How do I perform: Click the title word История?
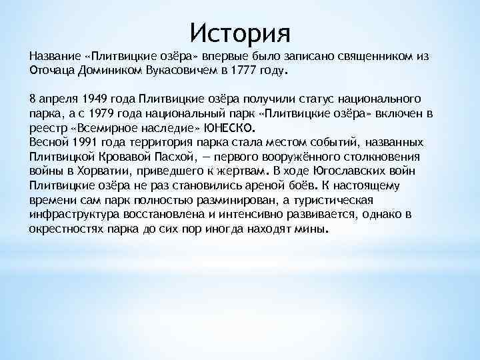tap(240, 31)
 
